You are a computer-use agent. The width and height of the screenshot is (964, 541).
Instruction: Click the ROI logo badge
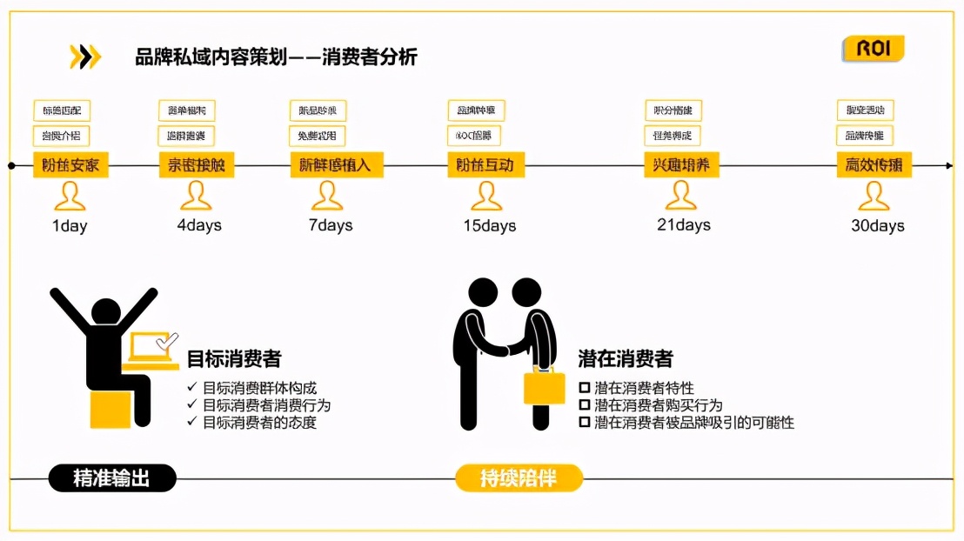click(x=873, y=49)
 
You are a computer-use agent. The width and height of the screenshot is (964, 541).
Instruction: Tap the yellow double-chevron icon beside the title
click(x=85, y=57)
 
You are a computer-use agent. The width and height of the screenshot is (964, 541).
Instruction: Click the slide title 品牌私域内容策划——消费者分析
click(x=276, y=57)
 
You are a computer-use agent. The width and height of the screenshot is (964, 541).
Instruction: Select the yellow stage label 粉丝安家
click(x=70, y=164)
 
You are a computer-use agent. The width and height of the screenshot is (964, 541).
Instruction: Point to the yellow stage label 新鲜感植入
click(x=335, y=164)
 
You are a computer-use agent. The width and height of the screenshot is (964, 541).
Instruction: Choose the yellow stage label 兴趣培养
click(x=681, y=164)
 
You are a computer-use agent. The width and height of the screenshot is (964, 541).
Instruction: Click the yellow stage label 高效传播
click(x=874, y=164)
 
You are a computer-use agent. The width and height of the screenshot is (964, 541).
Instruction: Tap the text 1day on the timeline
click(x=70, y=226)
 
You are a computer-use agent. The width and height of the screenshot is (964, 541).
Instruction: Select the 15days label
click(x=489, y=226)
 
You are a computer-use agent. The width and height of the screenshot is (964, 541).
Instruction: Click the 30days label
click(x=877, y=226)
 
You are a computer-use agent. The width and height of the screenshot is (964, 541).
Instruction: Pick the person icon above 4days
click(x=197, y=197)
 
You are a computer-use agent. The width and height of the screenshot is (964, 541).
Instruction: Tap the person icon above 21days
click(x=681, y=196)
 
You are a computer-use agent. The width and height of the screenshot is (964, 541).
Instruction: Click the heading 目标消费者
click(x=234, y=358)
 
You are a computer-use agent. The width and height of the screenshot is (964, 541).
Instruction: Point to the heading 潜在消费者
click(x=625, y=358)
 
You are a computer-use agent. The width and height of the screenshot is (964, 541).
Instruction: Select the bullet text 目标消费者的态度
click(x=259, y=423)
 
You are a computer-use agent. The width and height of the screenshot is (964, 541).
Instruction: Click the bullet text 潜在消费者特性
click(x=644, y=388)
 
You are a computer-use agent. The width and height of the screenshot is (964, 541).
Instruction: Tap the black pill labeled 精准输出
click(x=111, y=478)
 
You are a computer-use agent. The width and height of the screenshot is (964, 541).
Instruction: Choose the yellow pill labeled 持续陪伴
click(x=519, y=478)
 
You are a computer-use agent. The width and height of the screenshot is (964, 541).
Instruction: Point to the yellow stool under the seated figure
click(x=110, y=408)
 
